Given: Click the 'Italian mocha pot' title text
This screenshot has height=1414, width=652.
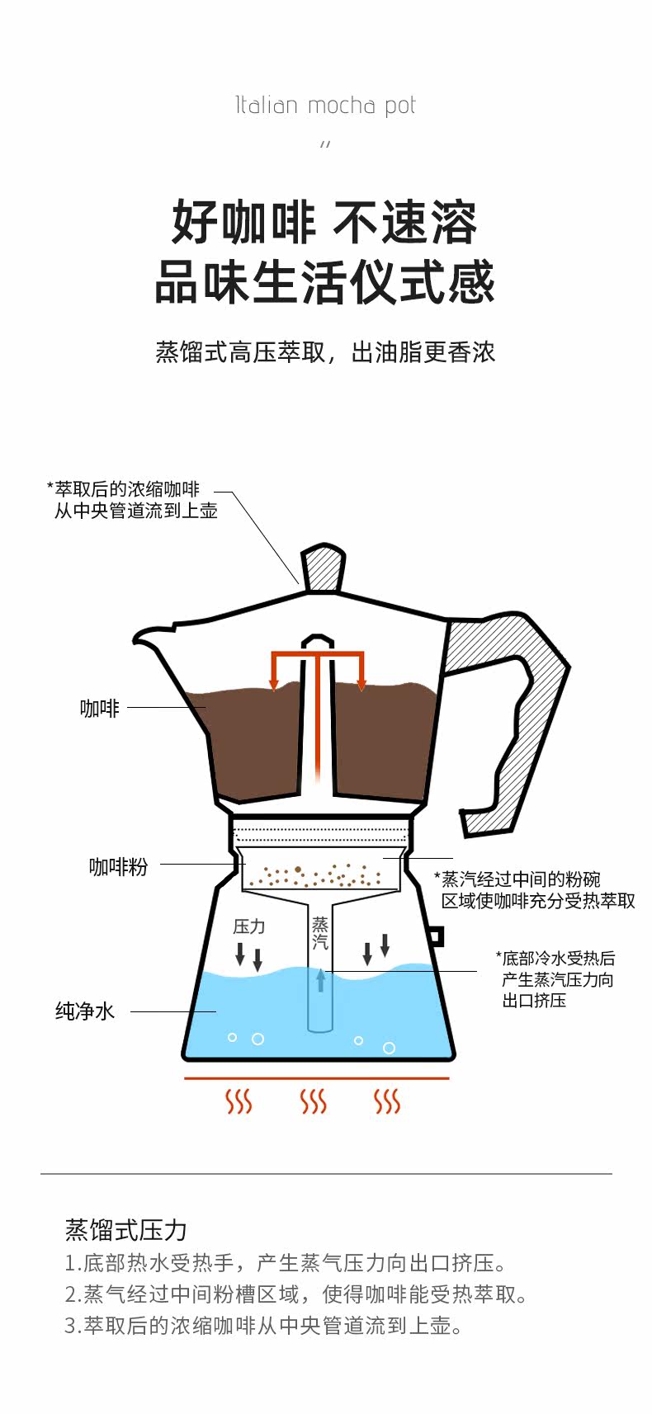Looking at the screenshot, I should click(325, 106).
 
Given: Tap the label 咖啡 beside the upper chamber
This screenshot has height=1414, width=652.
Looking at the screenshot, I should click(100, 708).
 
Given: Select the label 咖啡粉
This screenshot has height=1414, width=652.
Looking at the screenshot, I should click(118, 866).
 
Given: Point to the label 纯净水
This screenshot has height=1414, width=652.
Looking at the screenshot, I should click(85, 1011).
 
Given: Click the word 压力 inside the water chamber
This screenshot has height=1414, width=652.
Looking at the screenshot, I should click(248, 926).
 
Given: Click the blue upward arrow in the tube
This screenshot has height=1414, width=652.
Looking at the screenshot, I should click(320, 979).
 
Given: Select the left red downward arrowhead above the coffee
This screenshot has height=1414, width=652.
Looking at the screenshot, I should click(274, 685).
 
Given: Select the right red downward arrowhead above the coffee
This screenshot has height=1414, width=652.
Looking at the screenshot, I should click(361, 685).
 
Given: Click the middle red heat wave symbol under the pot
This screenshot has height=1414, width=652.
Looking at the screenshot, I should click(314, 1101).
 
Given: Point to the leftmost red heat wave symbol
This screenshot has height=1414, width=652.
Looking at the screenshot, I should click(239, 1101).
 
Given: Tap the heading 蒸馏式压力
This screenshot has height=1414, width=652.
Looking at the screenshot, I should click(125, 1230).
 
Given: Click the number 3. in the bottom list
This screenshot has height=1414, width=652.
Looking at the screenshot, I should click(73, 1326).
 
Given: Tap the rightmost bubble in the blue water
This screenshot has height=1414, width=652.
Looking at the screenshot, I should click(389, 1048).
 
